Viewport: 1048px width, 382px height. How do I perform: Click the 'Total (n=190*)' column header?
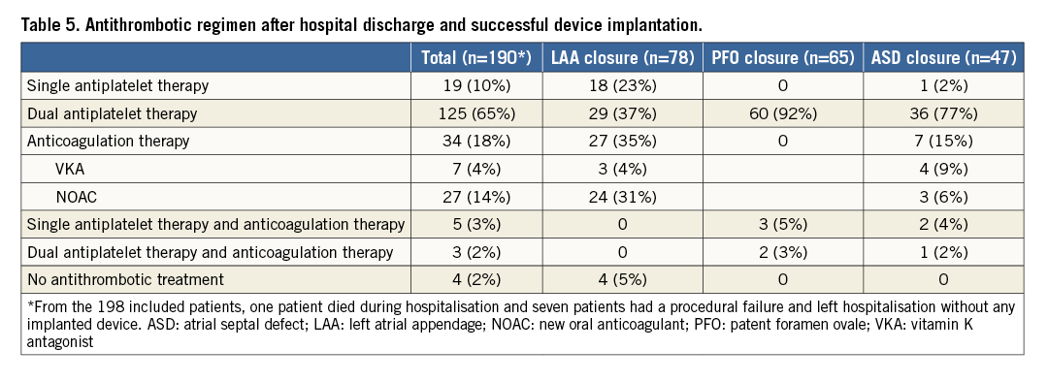(x=475, y=58)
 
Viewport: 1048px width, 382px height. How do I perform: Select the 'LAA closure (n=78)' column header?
(x=622, y=58)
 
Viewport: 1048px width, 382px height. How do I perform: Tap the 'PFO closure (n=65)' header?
(x=782, y=58)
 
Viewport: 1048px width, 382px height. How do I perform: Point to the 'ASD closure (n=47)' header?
(x=943, y=58)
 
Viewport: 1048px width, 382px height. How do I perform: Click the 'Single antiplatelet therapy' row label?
(x=117, y=85)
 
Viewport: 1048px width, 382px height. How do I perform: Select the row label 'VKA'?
(x=70, y=169)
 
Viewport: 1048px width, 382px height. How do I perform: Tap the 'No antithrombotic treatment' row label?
(x=125, y=280)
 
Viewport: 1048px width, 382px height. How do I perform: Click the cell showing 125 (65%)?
(x=476, y=113)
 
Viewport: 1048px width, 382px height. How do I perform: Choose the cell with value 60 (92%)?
(x=783, y=113)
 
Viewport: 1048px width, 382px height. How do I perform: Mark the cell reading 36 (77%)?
(x=943, y=113)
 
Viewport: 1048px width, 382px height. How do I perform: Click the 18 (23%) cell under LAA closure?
(x=622, y=85)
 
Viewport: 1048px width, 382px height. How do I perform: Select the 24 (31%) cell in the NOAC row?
(x=622, y=197)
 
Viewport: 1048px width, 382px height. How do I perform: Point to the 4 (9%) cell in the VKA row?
(x=943, y=169)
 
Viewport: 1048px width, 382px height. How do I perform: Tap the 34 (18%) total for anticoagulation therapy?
(x=476, y=141)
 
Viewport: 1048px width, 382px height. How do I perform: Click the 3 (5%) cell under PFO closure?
(x=783, y=224)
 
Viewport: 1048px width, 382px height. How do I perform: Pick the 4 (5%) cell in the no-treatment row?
(x=622, y=280)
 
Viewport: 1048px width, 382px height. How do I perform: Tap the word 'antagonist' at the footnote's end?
(x=60, y=342)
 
